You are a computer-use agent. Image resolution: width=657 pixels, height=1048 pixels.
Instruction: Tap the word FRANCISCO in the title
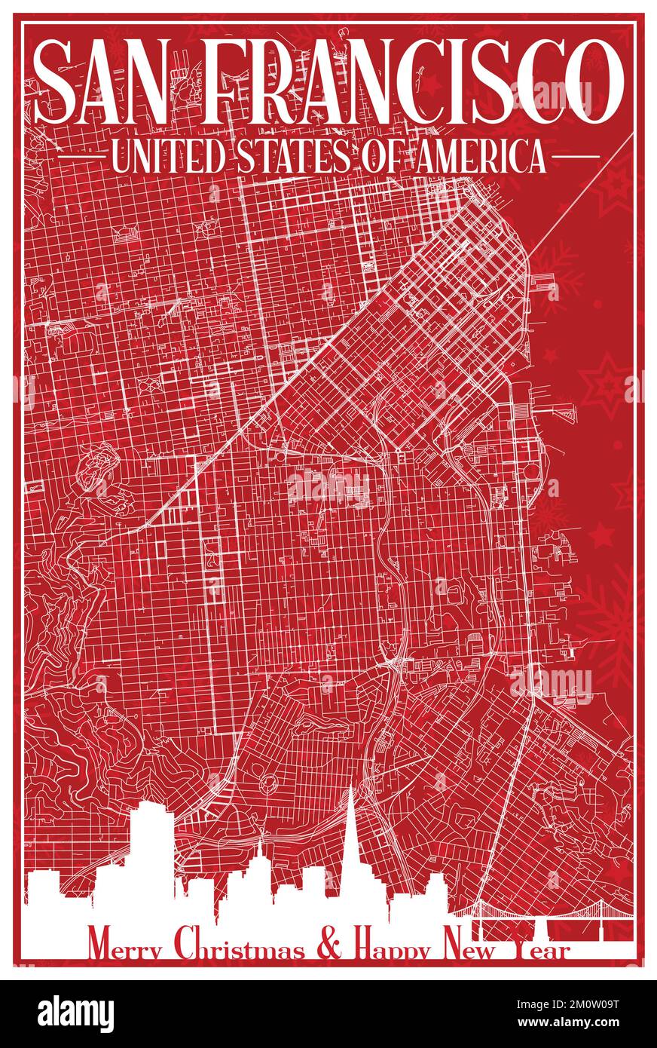tap(410, 81)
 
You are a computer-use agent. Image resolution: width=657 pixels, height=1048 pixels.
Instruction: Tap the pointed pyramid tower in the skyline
tap(353, 844)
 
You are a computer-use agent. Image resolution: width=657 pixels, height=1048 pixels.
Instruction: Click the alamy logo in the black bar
tap(76, 1013)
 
